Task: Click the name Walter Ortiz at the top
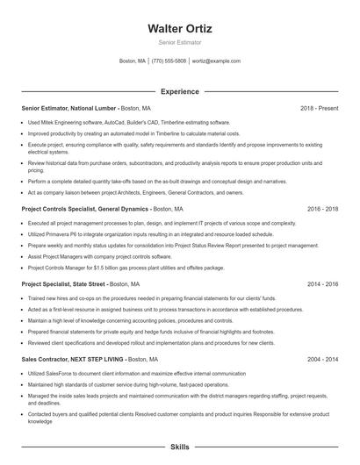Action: [x=179, y=29]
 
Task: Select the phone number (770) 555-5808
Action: [x=169, y=61]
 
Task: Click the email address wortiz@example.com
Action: [x=216, y=61]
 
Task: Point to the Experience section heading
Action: [x=179, y=91]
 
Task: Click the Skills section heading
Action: [x=179, y=447]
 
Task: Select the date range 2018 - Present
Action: [x=319, y=108]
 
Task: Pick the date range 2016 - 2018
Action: [x=322, y=210]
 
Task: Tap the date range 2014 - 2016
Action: [x=322, y=284]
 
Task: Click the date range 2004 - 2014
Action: [x=322, y=360]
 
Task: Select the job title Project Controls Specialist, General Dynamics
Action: [x=85, y=210]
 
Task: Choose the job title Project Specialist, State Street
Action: [x=63, y=284]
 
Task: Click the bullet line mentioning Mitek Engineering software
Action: [x=129, y=123]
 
